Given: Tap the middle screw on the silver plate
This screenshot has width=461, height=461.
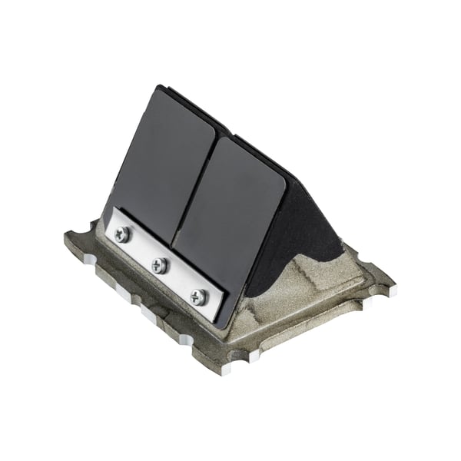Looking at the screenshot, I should (159, 265).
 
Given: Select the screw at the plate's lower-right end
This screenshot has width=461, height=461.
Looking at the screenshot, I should (198, 296).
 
